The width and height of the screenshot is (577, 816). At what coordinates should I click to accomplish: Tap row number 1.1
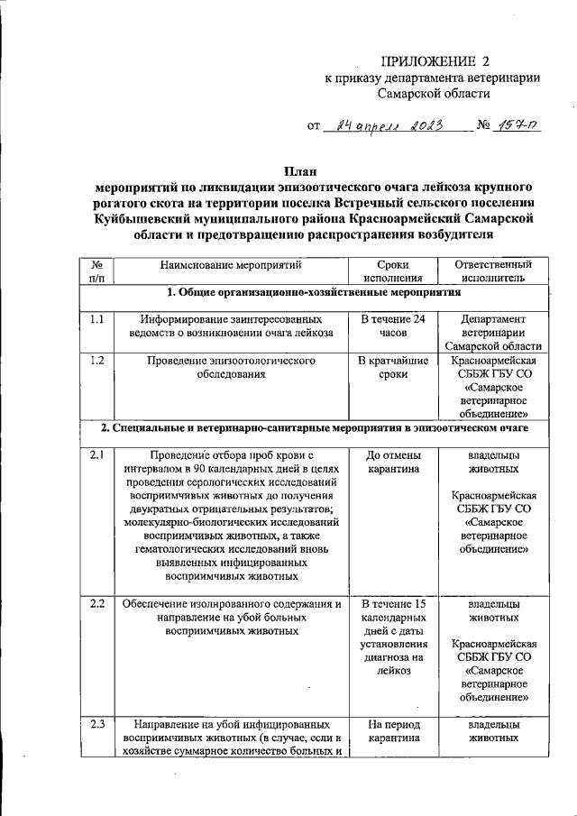97,318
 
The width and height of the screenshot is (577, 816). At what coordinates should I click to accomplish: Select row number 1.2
97,361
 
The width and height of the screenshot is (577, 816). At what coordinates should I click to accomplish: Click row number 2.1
97,455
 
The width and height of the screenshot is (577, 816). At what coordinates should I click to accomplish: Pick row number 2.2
97,604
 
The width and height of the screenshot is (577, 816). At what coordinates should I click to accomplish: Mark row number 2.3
97,723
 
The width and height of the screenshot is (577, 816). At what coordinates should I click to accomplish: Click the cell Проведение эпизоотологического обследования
231,368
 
